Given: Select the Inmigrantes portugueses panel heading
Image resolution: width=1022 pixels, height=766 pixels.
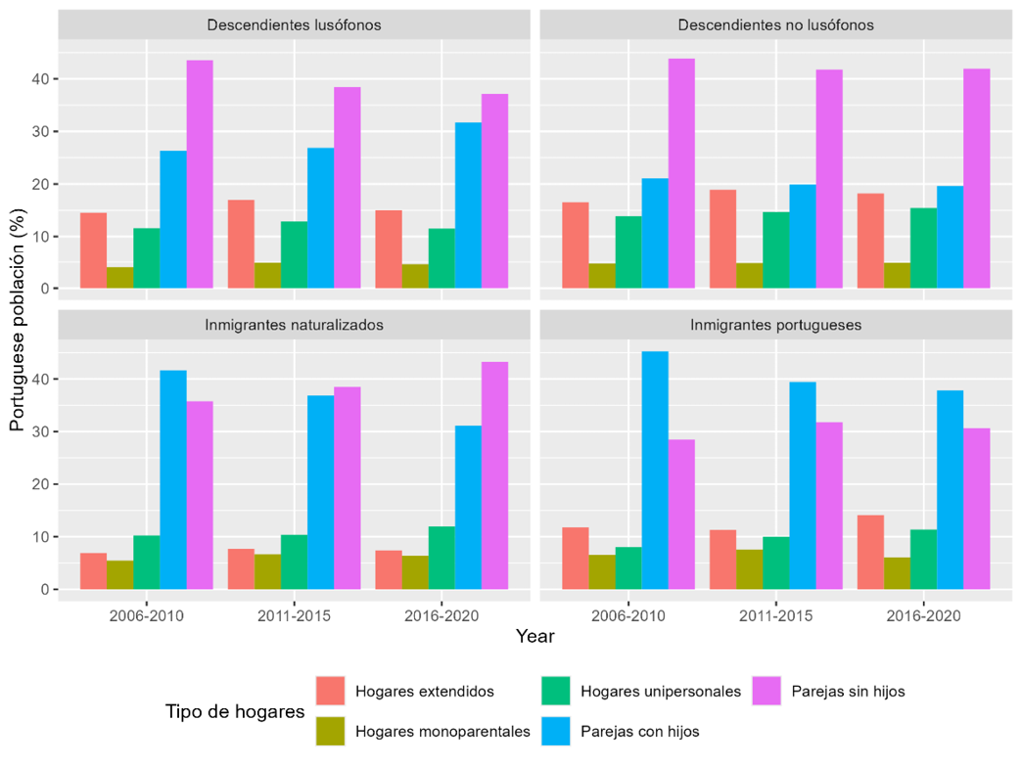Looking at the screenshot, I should pyautogui.click(x=776, y=325).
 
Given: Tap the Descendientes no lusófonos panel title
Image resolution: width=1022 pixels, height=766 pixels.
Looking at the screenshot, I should pyautogui.click(x=776, y=24).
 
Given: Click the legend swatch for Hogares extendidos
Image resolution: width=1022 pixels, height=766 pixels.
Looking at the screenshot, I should pyautogui.click(x=331, y=691).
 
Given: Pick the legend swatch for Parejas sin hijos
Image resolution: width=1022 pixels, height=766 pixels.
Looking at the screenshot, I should pyautogui.click(x=766, y=691).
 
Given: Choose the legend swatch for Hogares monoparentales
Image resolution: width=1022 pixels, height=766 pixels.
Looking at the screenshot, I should pyautogui.click(x=331, y=731).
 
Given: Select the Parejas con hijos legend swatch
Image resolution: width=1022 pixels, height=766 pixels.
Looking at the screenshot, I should pyautogui.click(x=555, y=731).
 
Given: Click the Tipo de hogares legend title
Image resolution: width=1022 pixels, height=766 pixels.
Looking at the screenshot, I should pyautogui.click(x=235, y=711).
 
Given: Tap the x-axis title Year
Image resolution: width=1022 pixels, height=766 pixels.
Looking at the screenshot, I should pyautogui.click(x=535, y=637).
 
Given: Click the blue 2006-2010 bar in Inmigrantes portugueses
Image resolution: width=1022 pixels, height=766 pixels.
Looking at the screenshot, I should pyautogui.click(x=655, y=471).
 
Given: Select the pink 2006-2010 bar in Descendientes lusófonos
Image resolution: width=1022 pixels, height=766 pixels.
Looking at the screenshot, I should pyautogui.click(x=200, y=175).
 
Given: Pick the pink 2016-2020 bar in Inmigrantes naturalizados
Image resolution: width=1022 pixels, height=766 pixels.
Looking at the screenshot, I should pyautogui.click(x=494, y=475).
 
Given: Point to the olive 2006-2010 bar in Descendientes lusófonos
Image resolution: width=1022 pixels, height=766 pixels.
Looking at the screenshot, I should pyautogui.click(x=119, y=279).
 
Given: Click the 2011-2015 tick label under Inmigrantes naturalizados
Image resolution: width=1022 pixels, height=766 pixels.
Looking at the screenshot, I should pyautogui.click(x=294, y=616).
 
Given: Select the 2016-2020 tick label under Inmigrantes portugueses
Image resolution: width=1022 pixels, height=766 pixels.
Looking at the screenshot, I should pyautogui.click(x=924, y=616).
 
